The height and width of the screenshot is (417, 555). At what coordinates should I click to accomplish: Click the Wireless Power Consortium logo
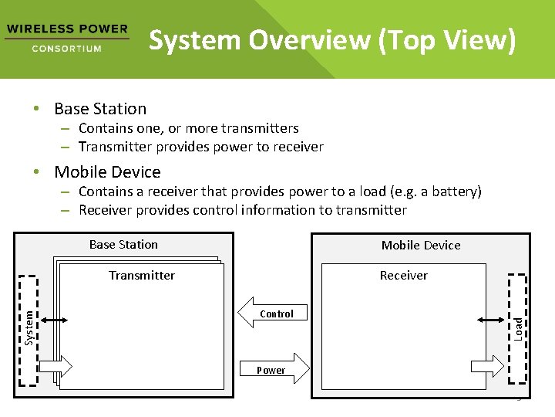[x=66, y=38]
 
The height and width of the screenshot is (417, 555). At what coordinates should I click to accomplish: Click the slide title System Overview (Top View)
[x=331, y=40]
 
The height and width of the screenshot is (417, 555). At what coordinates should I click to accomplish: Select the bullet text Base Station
[x=100, y=109]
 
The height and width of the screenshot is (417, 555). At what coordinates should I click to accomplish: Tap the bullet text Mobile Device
[x=107, y=172]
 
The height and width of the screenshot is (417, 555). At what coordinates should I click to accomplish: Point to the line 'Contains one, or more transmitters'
[x=188, y=128]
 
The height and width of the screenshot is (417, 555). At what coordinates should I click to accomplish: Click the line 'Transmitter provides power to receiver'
[x=200, y=147]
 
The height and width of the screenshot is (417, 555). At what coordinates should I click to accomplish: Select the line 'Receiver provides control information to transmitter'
[x=242, y=210]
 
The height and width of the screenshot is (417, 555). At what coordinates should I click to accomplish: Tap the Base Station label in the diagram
[x=123, y=245]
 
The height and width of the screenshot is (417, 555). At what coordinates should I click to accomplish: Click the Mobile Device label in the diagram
[x=421, y=246]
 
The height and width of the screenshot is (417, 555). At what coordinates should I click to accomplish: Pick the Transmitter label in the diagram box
[x=142, y=276]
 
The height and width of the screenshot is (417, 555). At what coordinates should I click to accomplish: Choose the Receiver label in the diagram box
[x=403, y=276]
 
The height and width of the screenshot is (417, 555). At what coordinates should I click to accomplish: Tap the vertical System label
[x=29, y=327]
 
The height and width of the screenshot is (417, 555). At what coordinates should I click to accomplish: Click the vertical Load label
[x=519, y=327]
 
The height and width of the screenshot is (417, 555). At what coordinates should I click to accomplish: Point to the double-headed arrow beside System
[x=52, y=320]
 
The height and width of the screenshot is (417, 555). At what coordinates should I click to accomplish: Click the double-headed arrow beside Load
[x=491, y=319]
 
